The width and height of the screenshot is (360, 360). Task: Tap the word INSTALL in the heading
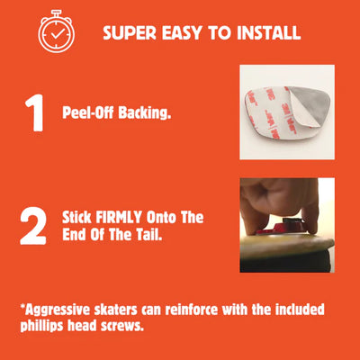pos(268,32)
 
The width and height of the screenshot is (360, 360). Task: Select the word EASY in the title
pos(182,32)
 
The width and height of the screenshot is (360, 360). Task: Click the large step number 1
pos(34,112)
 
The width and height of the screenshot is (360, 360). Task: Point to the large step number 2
pos(33,226)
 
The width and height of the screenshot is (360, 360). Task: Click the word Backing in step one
pos(144,113)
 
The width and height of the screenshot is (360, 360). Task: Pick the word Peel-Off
pos(88,112)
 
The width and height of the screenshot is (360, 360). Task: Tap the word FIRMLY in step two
pos(119,217)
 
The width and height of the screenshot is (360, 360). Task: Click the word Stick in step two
pos(76,217)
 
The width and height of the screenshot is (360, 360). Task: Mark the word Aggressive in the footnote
pos(58,310)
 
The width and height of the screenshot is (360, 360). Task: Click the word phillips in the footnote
pos(42,326)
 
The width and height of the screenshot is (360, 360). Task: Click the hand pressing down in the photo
pos(279,204)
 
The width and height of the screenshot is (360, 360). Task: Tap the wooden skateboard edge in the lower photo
pos(287,244)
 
